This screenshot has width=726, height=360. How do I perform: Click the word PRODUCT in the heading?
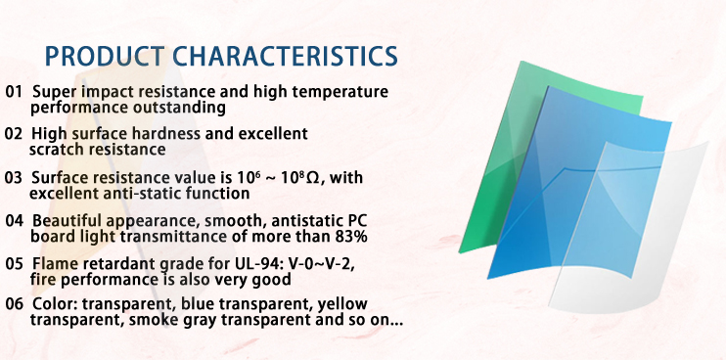coord(105,56)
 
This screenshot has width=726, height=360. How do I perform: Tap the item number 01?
coord(14,92)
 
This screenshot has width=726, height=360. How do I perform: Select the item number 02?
coord(14,134)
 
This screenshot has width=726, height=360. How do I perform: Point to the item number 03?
coord(14,178)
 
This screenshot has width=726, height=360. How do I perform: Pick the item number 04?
coord(14,221)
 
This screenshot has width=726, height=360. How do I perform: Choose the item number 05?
coord(14,264)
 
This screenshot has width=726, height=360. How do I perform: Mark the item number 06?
coord(14,304)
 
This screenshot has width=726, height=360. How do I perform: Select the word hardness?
coord(165,134)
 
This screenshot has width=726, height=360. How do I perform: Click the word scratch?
coord(57,150)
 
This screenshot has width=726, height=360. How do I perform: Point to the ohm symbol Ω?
coord(312,178)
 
